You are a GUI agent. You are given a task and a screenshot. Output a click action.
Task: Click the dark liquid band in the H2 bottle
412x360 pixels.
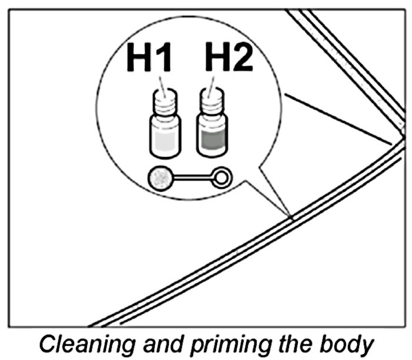(210, 141)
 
